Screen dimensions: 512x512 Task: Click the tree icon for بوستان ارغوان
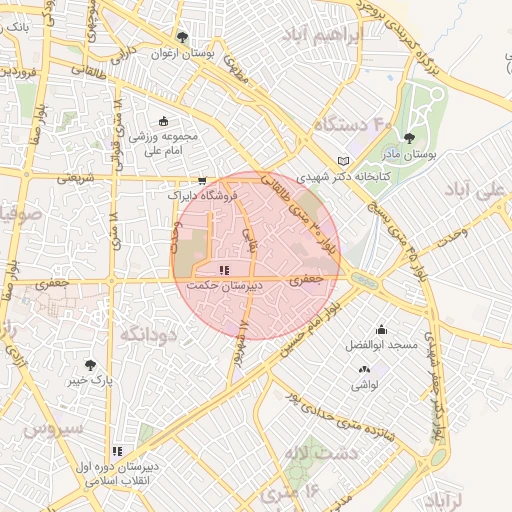click(x=180, y=36)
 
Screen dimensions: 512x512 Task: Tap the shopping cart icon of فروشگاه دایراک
click(x=203, y=181)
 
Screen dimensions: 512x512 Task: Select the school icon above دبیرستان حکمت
click(x=225, y=270)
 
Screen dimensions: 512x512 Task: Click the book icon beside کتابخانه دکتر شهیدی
click(x=344, y=161)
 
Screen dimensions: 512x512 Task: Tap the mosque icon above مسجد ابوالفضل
click(x=380, y=330)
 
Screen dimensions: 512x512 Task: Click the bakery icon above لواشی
click(x=361, y=371)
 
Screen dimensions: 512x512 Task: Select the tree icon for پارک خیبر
click(x=91, y=366)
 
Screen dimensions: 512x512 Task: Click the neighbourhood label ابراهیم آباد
click(x=321, y=36)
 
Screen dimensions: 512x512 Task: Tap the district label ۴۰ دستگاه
click(x=352, y=125)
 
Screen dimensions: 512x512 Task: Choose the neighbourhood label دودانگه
click(x=148, y=335)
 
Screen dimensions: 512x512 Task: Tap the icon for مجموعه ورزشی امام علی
click(x=163, y=121)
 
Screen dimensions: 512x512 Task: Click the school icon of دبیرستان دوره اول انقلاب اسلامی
click(x=117, y=451)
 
